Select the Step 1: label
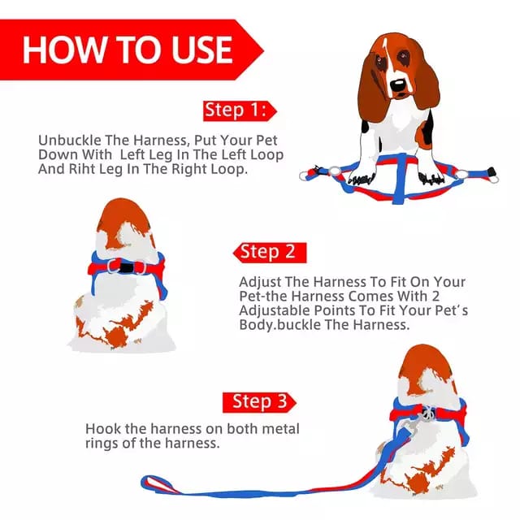pyautogui.click(x=236, y=110)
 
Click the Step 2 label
pyautogui.click(x=267, y=252)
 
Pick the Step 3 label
pyautogui.click(x=259, y=402)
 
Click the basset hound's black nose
pyautogui.click(x=397, y=85)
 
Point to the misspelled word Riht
pyautogui.click(x=81, y=169)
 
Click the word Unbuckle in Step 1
pyautogui.click(x=70, y=141)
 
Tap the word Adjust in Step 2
pyautogui.click(x=260, y=283)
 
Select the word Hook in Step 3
pyautogui.click(x=103, y=429)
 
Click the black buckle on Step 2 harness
pyautogui.click(x=126, y=267)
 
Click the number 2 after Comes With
pyautogui.click(x=435, y=296)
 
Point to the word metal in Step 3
pyautogui.click(x=280, y=429)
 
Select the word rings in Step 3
pyautogui.click(x=102, y=444)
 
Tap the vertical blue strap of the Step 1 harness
pyautogui.click(x=400, y=179)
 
